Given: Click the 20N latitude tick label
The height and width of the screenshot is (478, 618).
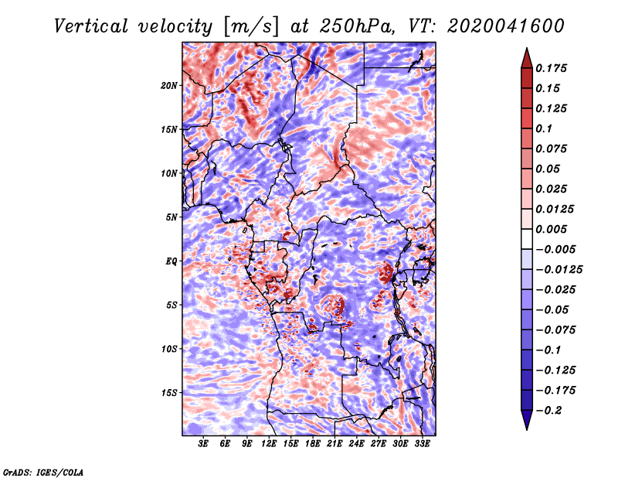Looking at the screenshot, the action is click(x=169, y=85).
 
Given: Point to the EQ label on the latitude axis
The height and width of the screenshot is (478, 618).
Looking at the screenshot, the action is click(x=171, y=261).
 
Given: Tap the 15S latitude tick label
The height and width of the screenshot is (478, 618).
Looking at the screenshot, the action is click(x=169, y=393).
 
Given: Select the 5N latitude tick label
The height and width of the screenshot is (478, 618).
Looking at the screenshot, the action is click(x=171, y=217).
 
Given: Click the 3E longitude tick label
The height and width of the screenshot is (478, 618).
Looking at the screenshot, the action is click(x=203, y=444).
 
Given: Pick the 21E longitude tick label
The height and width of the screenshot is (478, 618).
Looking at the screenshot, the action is click(x=334, y=444).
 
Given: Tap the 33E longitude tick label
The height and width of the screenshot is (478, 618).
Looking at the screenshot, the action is click(x=422, y=444).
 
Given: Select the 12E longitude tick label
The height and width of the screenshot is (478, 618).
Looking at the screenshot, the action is click(x=268, y=444).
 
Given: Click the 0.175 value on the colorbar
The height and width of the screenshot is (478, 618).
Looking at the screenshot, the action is click(x=551, y=68).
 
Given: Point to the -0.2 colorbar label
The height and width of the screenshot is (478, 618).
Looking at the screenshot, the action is click(x=548, y=411).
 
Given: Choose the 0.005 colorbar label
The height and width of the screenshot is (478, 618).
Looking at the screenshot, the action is click(x=551, y=229).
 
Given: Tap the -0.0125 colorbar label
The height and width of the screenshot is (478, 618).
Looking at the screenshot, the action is click(x=559, y=270).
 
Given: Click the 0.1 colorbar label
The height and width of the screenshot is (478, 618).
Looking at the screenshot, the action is click(x=544, y=128).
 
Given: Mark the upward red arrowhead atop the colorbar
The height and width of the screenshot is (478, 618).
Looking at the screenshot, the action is click(x=527, y=58).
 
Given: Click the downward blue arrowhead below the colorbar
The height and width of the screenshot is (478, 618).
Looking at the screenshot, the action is click(x=527, y=420).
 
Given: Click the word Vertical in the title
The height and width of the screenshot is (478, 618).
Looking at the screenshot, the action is click(x=91, y=26).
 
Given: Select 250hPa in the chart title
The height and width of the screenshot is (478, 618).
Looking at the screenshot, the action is click(x=357, y=26).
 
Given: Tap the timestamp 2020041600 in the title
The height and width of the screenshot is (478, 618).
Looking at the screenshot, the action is click(x=506, y=26).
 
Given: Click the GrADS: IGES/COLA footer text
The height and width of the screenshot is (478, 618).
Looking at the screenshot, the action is click(x=43, y=473).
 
